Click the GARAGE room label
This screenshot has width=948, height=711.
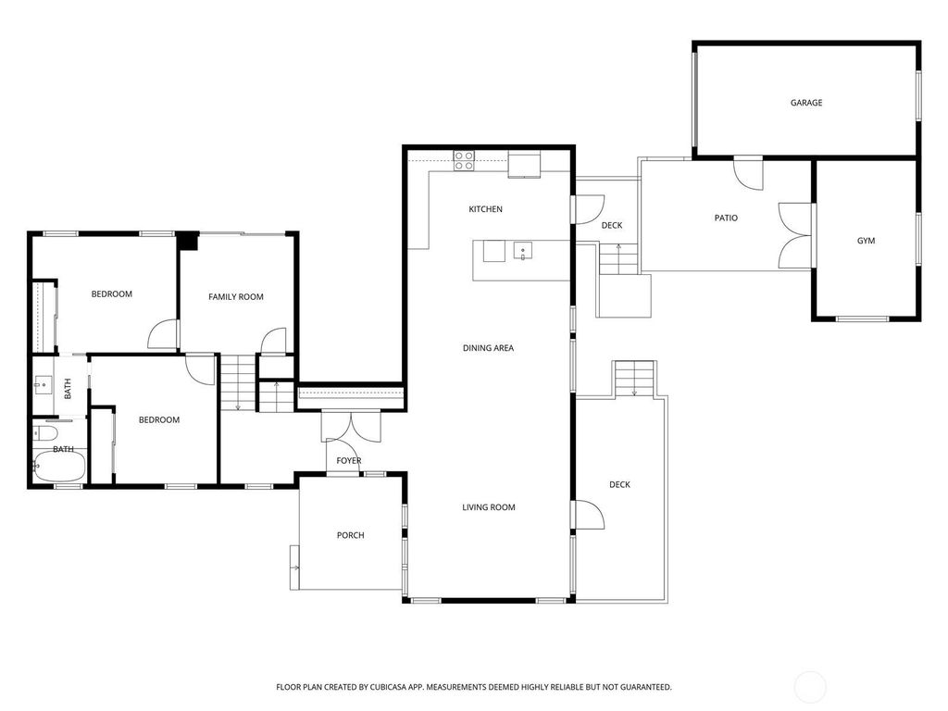coord(806,103)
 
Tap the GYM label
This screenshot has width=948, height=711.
coord(866,241)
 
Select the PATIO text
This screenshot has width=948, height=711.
coord(726,218)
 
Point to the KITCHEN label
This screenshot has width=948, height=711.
coord(485,209)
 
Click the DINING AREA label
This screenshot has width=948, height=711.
coord(488,348)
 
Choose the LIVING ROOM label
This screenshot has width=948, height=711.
coord(489,507)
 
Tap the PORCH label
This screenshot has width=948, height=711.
coord(351,535)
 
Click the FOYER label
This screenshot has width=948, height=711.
coord(349,461)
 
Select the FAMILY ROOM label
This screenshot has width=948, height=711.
coord(236,297)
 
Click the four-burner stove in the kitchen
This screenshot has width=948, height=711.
coord(464,160)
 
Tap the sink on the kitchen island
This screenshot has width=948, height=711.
coord(522,250)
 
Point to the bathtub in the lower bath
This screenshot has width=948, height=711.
coord(60,468)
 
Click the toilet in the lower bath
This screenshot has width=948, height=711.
coord(45,433)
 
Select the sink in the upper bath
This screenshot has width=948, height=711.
coord(43,385)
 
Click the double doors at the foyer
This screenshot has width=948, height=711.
coord(351,426)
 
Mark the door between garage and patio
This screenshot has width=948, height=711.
coord(748,175)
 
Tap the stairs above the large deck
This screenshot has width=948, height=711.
coord(634,379)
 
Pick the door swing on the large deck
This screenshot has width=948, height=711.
coord(590,515)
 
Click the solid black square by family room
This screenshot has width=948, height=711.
coord(188,241)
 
